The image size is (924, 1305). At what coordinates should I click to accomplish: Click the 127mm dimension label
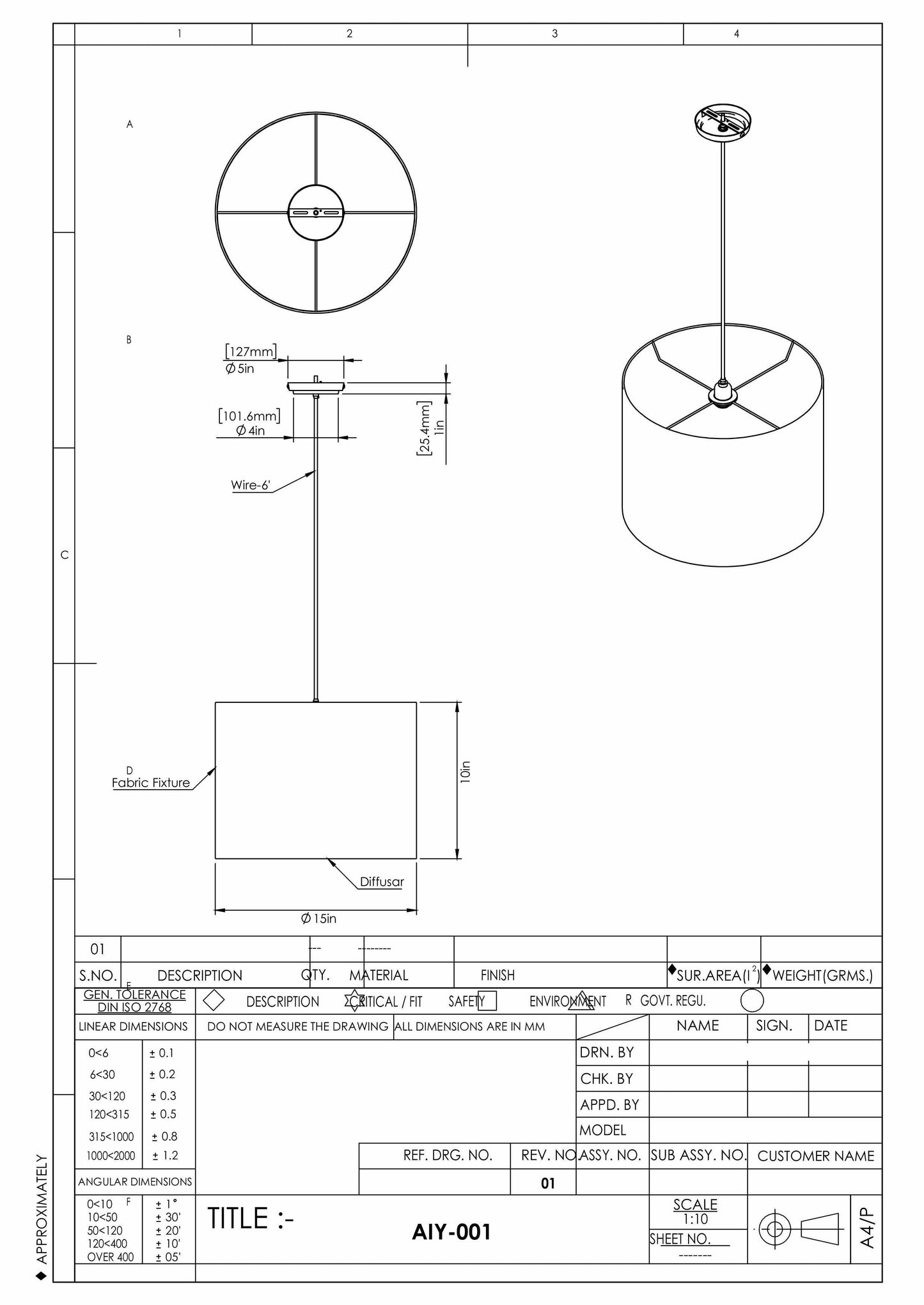click(x=251, y=351)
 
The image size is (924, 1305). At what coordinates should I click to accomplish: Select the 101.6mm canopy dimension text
click(x=249, y=417)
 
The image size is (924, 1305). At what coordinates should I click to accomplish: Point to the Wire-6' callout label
click(x=251, y=485)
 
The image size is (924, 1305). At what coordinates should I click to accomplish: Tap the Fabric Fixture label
click(x=151, y=783)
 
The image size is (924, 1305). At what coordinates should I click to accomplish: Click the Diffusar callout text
click(x=382, y=882)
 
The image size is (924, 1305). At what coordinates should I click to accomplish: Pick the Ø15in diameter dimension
click(x=318, y=918)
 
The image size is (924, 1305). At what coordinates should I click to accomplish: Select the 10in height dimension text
click(x=466, y=772)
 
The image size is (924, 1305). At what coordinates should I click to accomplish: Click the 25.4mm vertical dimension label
click(x=424, y=428)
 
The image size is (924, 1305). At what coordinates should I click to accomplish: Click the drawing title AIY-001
click(x=451, y=1232)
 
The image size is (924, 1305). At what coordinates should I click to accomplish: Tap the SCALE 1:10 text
click(x=695, y=1211)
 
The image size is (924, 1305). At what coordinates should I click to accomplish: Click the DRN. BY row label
click(x=606, y=1053)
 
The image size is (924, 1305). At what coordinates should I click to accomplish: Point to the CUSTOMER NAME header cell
click(x=815, y=1156)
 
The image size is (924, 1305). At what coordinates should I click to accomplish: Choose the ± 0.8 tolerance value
click(x=164, y=1136)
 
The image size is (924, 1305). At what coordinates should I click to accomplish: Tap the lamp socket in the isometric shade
click(x=723, y=393)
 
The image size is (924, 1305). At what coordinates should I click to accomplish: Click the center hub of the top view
click(x=316, y=212)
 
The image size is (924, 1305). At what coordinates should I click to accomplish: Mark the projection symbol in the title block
click(x=799, y=1229)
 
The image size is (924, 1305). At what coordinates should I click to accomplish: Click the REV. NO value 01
click(x=548, y=1184)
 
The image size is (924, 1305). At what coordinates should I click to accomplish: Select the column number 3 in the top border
click(x=554, y=34)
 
